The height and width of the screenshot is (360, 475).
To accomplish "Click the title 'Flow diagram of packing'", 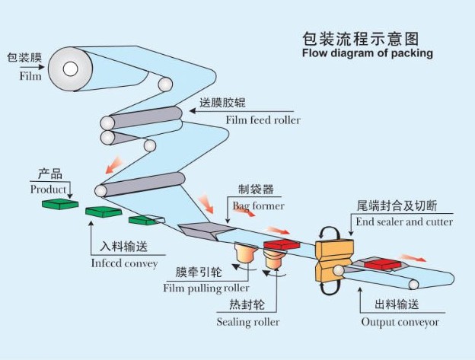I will [x=367, y=53].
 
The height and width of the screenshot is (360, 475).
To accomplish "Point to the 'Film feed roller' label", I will [x=263, y=120].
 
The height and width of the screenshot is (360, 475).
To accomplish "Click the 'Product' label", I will [x=48, y=189].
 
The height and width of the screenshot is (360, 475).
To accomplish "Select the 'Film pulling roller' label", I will [x=206, y=288].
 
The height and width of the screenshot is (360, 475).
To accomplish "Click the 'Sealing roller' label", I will [x=247, y=322].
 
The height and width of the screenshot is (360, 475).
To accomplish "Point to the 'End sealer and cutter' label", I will [x=404, y=222].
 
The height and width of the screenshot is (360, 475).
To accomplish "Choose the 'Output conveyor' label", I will [x=400, y=322].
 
